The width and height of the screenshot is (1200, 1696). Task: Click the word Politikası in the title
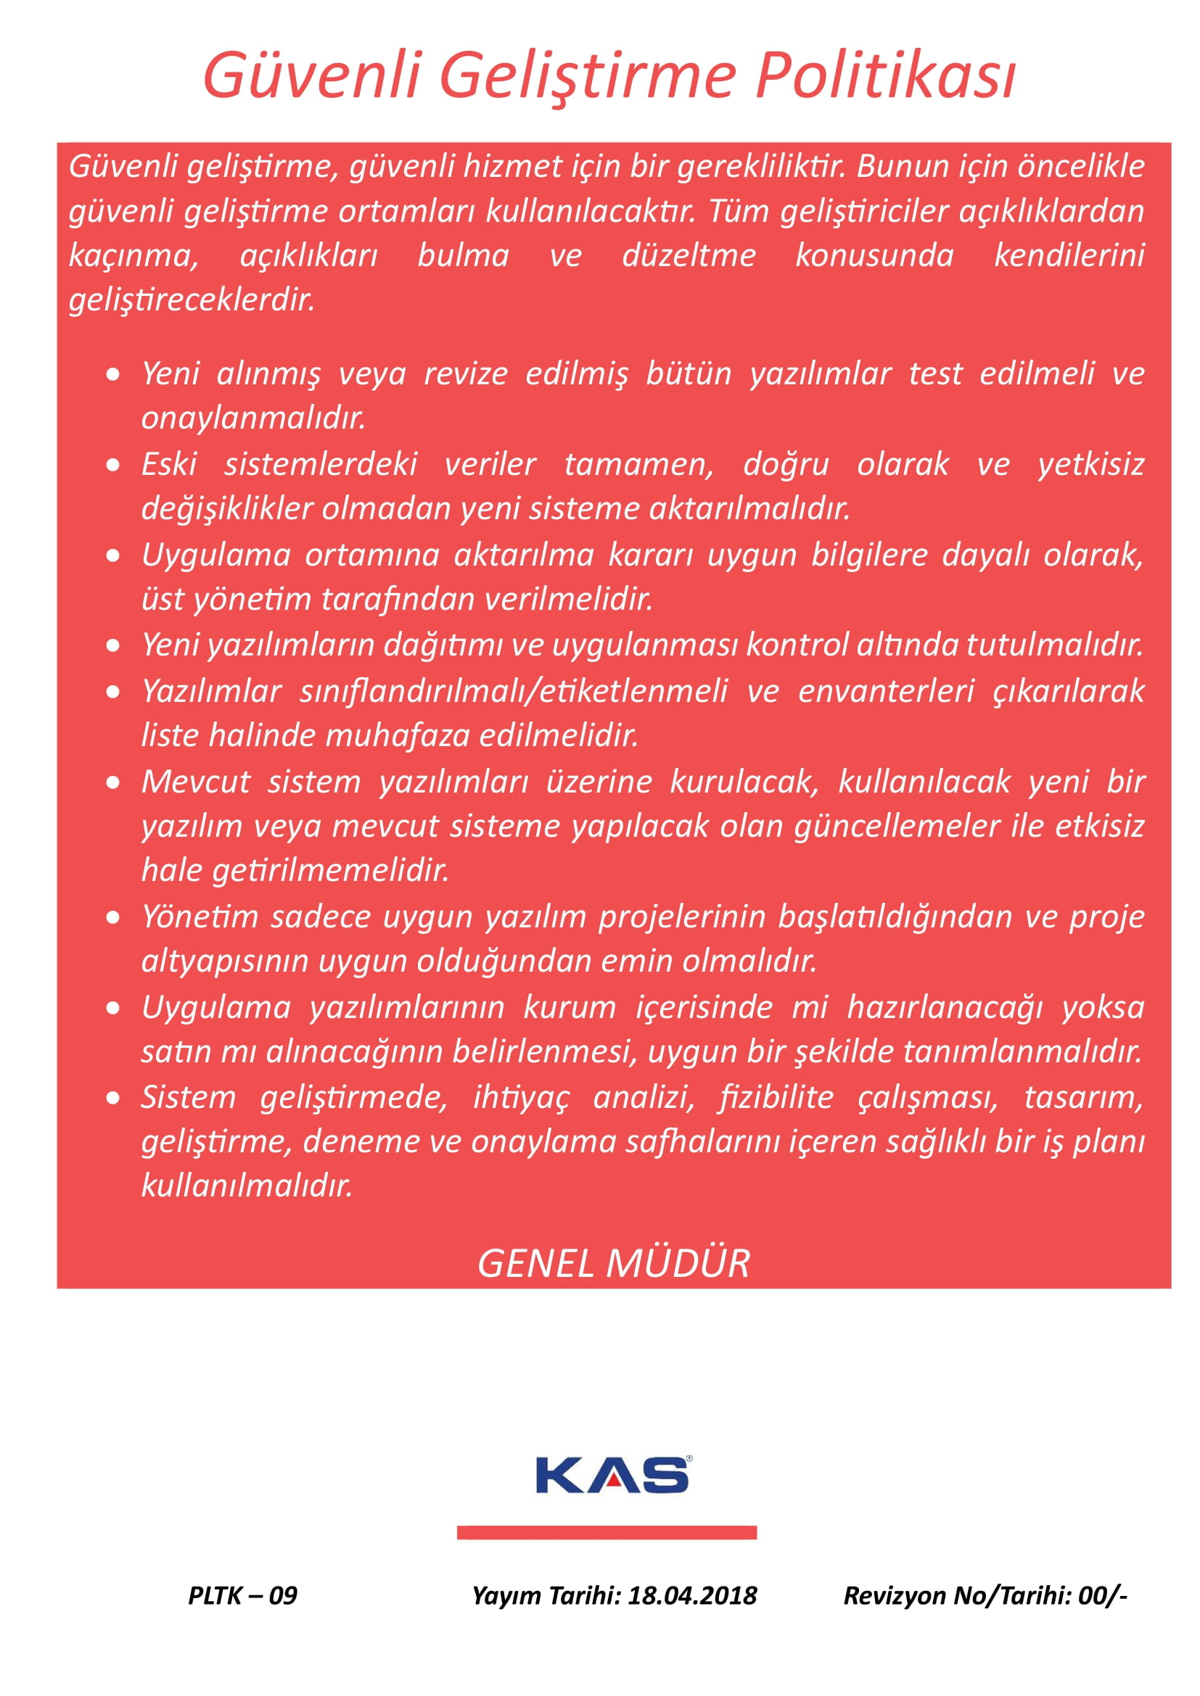(x=886, y=76)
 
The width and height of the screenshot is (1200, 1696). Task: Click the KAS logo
(x=613, y=1476)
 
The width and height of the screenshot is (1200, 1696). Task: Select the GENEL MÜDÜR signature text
(x=613, y=1263)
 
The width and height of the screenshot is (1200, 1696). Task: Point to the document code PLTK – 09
(x=242, y=1594)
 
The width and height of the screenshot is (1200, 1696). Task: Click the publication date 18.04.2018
(x=692, y=1594)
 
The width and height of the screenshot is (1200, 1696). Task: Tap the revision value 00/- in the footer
(x=1103, y=1594)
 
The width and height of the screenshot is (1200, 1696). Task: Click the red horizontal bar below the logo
(x=607, y=1533)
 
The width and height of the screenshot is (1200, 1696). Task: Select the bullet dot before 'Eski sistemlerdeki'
(x=113, y=465)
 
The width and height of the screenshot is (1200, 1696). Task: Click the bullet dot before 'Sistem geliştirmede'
(x=113, y=1099)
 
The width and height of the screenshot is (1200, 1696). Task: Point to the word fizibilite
(x=776, y=1097)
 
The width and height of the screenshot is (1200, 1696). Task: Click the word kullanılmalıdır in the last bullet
(x=247, y=1186)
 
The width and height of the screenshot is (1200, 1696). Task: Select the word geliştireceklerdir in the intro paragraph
(x=192, y=300)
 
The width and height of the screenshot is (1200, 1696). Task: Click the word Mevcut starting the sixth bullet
(x=196, y=782)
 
